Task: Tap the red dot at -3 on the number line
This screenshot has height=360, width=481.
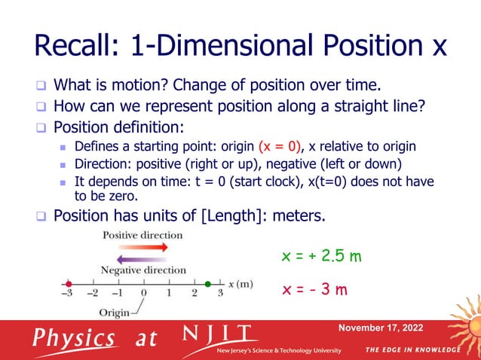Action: point(69,283)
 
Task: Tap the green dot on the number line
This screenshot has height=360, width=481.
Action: point(208,283)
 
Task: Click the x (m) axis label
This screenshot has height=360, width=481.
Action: point(241,284)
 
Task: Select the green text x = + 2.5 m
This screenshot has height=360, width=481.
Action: point(321,257)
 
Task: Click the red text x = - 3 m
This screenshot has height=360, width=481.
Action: point(314,289)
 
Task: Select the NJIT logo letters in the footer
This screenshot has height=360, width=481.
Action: point(220,334)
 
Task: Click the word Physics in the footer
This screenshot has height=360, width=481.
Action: point(73,337)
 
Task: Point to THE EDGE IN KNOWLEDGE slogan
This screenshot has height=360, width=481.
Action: point(412,350)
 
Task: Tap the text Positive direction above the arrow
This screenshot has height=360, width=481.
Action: point(142,235)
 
